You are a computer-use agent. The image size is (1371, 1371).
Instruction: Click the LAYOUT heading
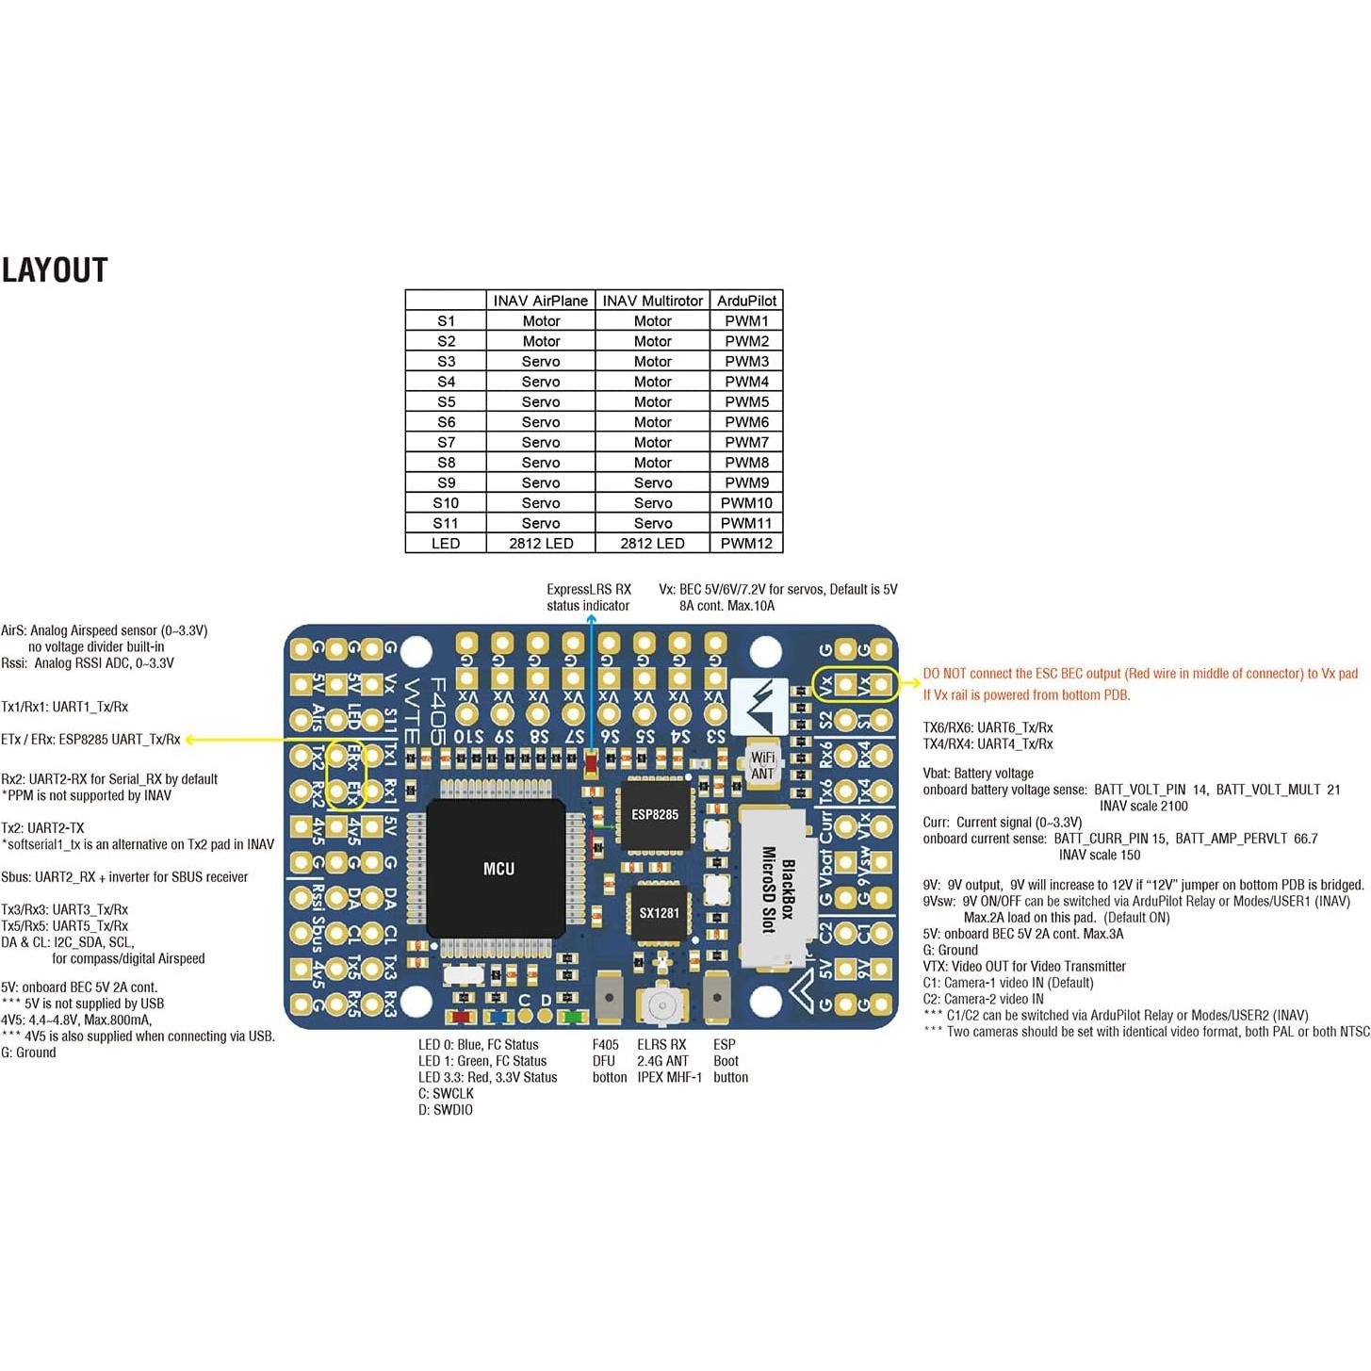tap(55, 270)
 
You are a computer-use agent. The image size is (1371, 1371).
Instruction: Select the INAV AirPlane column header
tap(540, 301)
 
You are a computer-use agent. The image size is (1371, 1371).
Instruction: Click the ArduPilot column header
tap(746, 301)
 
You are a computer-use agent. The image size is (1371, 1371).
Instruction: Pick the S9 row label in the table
tap(446, 482)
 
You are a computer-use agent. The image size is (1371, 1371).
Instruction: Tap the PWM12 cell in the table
tap(746, 544)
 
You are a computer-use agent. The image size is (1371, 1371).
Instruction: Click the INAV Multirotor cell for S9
tap(652, 482)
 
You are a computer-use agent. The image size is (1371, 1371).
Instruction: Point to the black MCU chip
tap(498, 868)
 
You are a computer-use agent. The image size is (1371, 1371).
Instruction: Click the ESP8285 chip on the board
tap(655, 814)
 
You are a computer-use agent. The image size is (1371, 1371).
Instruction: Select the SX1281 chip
tap(659, 912)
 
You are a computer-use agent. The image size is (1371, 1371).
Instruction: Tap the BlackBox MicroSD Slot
tap(775, 890)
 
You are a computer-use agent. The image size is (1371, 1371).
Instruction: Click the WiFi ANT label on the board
tap(762, 765)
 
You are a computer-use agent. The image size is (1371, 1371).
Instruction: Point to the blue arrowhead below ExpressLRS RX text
tap(591, 620)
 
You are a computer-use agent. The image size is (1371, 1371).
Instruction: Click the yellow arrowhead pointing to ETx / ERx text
tap(190, 740)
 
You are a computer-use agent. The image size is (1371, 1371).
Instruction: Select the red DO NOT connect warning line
tap(1140, 674)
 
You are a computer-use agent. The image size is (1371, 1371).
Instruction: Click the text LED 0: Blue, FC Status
tap(479, 1045)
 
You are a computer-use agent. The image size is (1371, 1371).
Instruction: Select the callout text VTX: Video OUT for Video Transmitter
tap(1024, 967)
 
